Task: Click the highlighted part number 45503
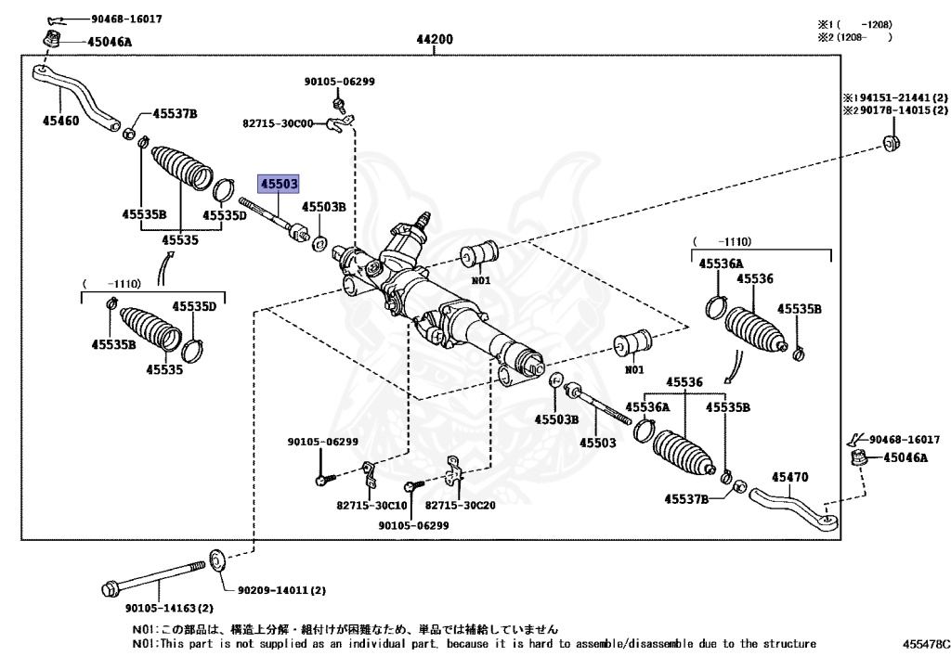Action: pos(279,184)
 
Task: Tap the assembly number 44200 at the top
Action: pos(434,40)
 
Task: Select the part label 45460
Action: pos(60,120)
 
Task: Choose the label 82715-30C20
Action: pos(462,506)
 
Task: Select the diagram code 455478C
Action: pos(925,643)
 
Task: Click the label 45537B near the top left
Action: pos(176,113)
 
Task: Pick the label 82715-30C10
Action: pos(371,506)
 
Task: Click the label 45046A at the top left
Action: pos(110,41)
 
